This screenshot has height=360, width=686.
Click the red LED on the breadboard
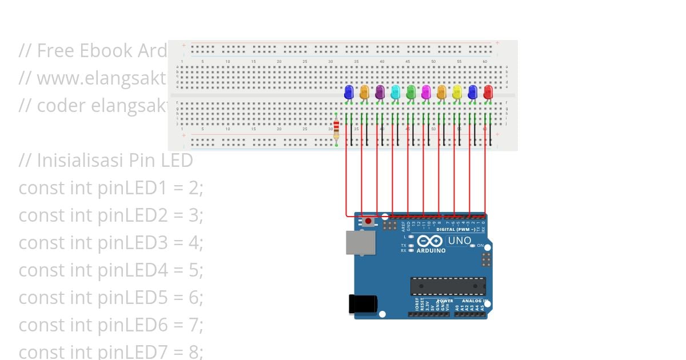point(488,91)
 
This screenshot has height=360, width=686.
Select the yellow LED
point(457,91)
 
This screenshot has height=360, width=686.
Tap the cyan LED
point(395,91)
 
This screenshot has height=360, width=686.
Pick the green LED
point(410,91)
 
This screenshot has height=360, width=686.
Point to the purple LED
point(380,91)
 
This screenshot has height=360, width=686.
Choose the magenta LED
point(426,91)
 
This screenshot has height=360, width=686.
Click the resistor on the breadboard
point(336,130)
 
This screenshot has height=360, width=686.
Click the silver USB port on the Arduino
point(361,242)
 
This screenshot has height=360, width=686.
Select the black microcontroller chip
point(448,286)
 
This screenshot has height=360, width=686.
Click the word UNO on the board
point(459,241)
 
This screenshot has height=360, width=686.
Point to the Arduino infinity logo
point(430,241)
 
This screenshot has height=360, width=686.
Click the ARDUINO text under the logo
point(430,251)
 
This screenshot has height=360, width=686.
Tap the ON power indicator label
point(480,245)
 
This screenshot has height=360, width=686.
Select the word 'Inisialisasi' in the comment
point(74,161)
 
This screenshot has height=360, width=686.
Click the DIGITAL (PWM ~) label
point(456,230)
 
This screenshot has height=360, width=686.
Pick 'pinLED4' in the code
point(133,270)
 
